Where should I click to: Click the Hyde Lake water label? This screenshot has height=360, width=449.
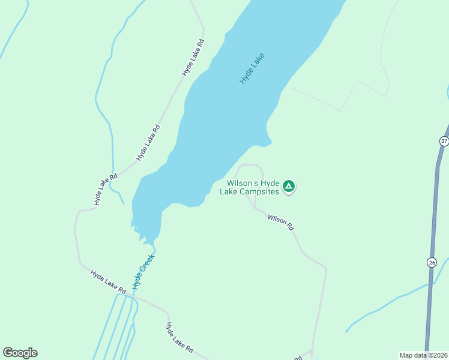[x=252, y=68]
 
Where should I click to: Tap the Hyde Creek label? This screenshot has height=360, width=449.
[x=143, y=270]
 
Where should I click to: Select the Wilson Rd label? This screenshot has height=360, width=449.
[x=280, y=223]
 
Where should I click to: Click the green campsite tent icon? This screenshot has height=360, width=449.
[x=289, y=187]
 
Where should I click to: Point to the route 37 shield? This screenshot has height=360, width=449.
[x=444, y=141]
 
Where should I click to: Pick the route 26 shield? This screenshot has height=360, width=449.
[x=432, y=262]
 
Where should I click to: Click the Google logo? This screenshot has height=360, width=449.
[x=20, y=353]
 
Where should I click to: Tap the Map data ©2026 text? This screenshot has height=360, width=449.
[x=423, y=355]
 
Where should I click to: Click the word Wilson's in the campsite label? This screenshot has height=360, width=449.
[x=243, y=183]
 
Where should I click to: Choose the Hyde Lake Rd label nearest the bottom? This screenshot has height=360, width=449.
[x=179, y=337]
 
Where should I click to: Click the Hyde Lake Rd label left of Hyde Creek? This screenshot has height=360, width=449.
[x=108, y=282]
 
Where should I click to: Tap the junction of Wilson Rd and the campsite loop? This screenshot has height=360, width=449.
[x=255, y=208]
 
